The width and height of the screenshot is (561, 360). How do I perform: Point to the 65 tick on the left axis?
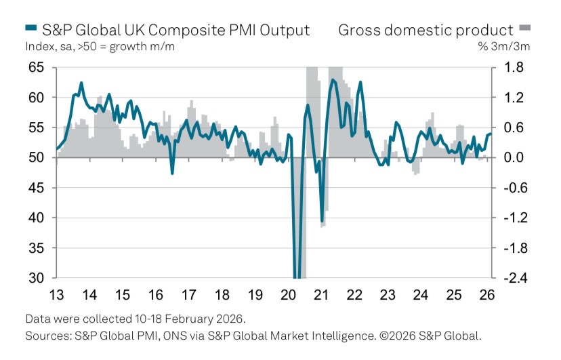pyautogui.click(x=37, y=67)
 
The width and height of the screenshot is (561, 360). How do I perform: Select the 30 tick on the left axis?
pyautogui.click(x=37, y=278)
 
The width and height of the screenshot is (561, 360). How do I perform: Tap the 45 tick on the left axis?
pyautogui.click(x=37, y=188)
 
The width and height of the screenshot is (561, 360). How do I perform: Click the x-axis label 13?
pyautogui.click(x=56, y=296)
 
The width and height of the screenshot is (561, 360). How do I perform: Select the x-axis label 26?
pyautogui.click(x=486, y=296)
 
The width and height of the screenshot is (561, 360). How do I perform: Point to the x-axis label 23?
pyautogui.click(x=387, y=296)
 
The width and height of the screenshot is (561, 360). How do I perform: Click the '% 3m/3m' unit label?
pyautogui.click(x=510, y=47)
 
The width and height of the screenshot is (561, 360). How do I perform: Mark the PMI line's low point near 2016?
pyautogui.click(x=172, y=173)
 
